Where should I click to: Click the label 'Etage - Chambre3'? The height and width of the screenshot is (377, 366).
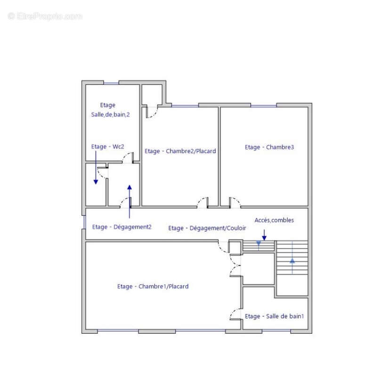coord(269,147)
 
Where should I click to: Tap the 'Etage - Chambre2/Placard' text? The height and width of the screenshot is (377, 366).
coord(180,151)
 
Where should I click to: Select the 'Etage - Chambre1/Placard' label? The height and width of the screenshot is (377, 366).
coord(153,287)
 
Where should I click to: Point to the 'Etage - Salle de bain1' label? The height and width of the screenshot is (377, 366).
coord(274,316)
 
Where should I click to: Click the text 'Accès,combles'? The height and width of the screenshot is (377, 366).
coord(274,220)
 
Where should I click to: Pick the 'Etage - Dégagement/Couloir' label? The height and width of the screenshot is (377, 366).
coord(207,228)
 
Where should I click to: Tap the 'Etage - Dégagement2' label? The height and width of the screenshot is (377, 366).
coord(122,227)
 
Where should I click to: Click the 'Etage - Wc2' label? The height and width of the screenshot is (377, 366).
coord(107,147)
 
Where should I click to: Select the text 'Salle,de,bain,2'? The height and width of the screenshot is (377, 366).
coord(110,115)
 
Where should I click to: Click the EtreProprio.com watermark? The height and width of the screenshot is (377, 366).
coord(45,16)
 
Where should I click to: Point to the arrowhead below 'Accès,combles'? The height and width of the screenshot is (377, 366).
coord(264,238)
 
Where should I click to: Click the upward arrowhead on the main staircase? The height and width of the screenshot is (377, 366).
coord(292,261)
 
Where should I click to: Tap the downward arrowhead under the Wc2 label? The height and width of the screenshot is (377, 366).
coord(96,182)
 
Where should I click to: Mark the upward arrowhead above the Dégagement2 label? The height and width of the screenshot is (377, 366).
coord(129,188)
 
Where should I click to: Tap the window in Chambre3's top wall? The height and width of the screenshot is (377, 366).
coord(263,105)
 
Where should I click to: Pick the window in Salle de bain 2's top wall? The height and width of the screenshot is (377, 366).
coord(111,83)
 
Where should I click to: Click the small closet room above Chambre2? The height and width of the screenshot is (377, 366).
coord(152,94)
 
